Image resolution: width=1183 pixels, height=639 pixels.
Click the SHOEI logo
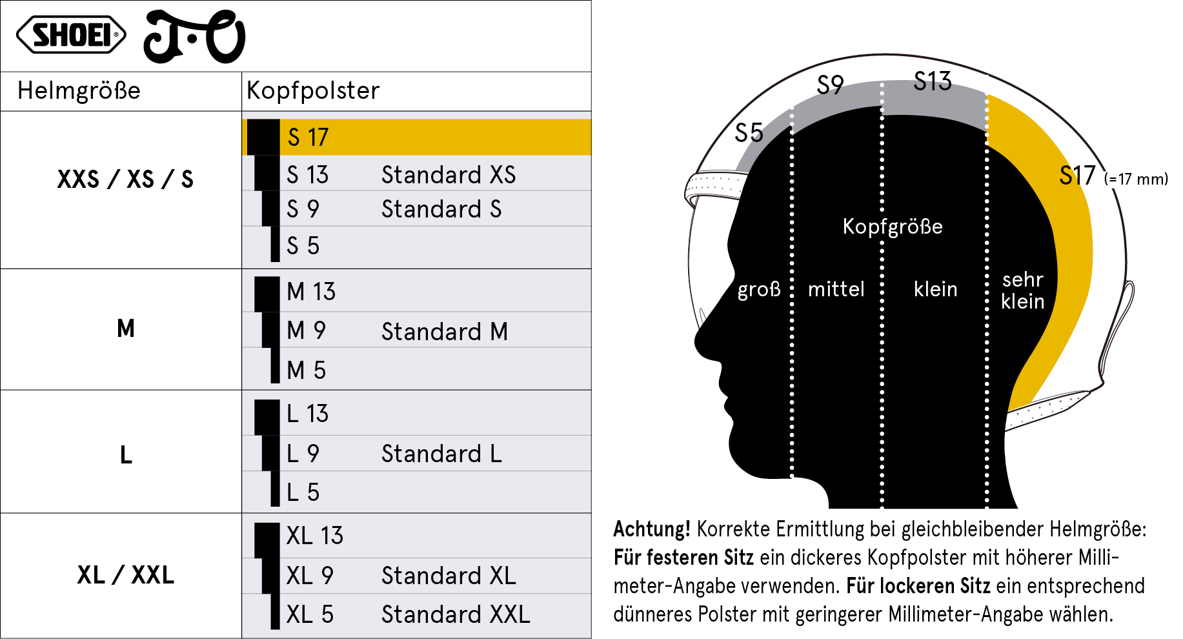(x=71, y=35)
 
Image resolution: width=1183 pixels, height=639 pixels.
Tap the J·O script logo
(x=194, y=37)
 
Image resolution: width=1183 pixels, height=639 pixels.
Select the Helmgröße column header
(x=79, y=90)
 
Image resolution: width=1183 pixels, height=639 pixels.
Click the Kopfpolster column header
(x=313, y=90)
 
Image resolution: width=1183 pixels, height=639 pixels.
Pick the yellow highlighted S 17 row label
(x=308, y=137)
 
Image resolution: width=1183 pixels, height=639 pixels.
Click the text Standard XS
(x=449, y=175)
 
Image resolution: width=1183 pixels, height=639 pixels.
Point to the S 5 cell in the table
(x=303, y=246)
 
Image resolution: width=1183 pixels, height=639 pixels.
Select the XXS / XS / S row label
(x=125, y=179)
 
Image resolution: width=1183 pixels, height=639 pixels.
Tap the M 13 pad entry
(x=311, y=292)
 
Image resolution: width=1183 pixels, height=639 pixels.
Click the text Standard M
(x=445, y=332)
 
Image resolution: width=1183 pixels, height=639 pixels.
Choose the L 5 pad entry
(x=303, y=492)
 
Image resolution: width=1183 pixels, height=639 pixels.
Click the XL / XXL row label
(x=125, y=574)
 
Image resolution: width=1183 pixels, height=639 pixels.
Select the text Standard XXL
(x=456, y=614)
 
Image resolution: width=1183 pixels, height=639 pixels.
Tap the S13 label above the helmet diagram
(x=933, y=81)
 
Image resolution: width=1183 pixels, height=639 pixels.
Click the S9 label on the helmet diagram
(x=830, y=85)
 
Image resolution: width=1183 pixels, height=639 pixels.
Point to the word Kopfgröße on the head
(x=893, y=227)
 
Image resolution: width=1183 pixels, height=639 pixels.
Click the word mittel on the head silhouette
(x=836, y=289)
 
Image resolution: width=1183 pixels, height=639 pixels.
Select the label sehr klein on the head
(x=1023, y=290)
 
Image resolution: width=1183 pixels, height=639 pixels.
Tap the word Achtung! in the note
(x=652, y=529)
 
